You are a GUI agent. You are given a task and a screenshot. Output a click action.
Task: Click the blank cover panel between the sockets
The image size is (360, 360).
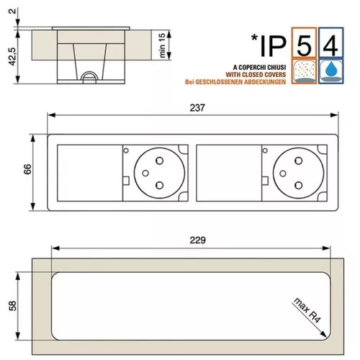click(224, 171)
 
